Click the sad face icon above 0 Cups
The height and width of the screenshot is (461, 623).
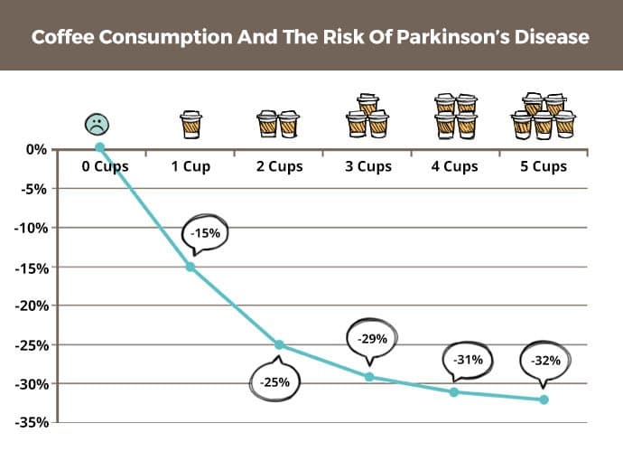pyautogui.click(x=95, y=124)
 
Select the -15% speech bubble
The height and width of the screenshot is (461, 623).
pyautogui.click(x=203, y=233)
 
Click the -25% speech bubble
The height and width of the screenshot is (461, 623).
pyautogui.click(x=275, y=381)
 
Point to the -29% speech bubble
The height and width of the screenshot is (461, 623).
pyautogui.click(x=372, y=339)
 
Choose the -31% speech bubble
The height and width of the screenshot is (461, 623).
pyautogui.click(x=468, y=359)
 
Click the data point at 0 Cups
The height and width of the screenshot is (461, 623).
pyautogui.click(x=100, y=147)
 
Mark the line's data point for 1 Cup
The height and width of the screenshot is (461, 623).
pyautogui.click(x=191, y=267)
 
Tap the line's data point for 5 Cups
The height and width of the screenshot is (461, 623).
pyautogui.click(x=544, y=400)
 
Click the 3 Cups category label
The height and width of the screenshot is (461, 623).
pyautogui.click(x=367, y=166)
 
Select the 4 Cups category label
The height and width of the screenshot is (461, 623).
pyautogui.click(x=455, y=166)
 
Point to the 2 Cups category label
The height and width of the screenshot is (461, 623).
pyautogui.click(x=279, y=166)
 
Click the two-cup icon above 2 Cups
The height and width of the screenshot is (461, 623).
pyautogui.click(x=278, y=124)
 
